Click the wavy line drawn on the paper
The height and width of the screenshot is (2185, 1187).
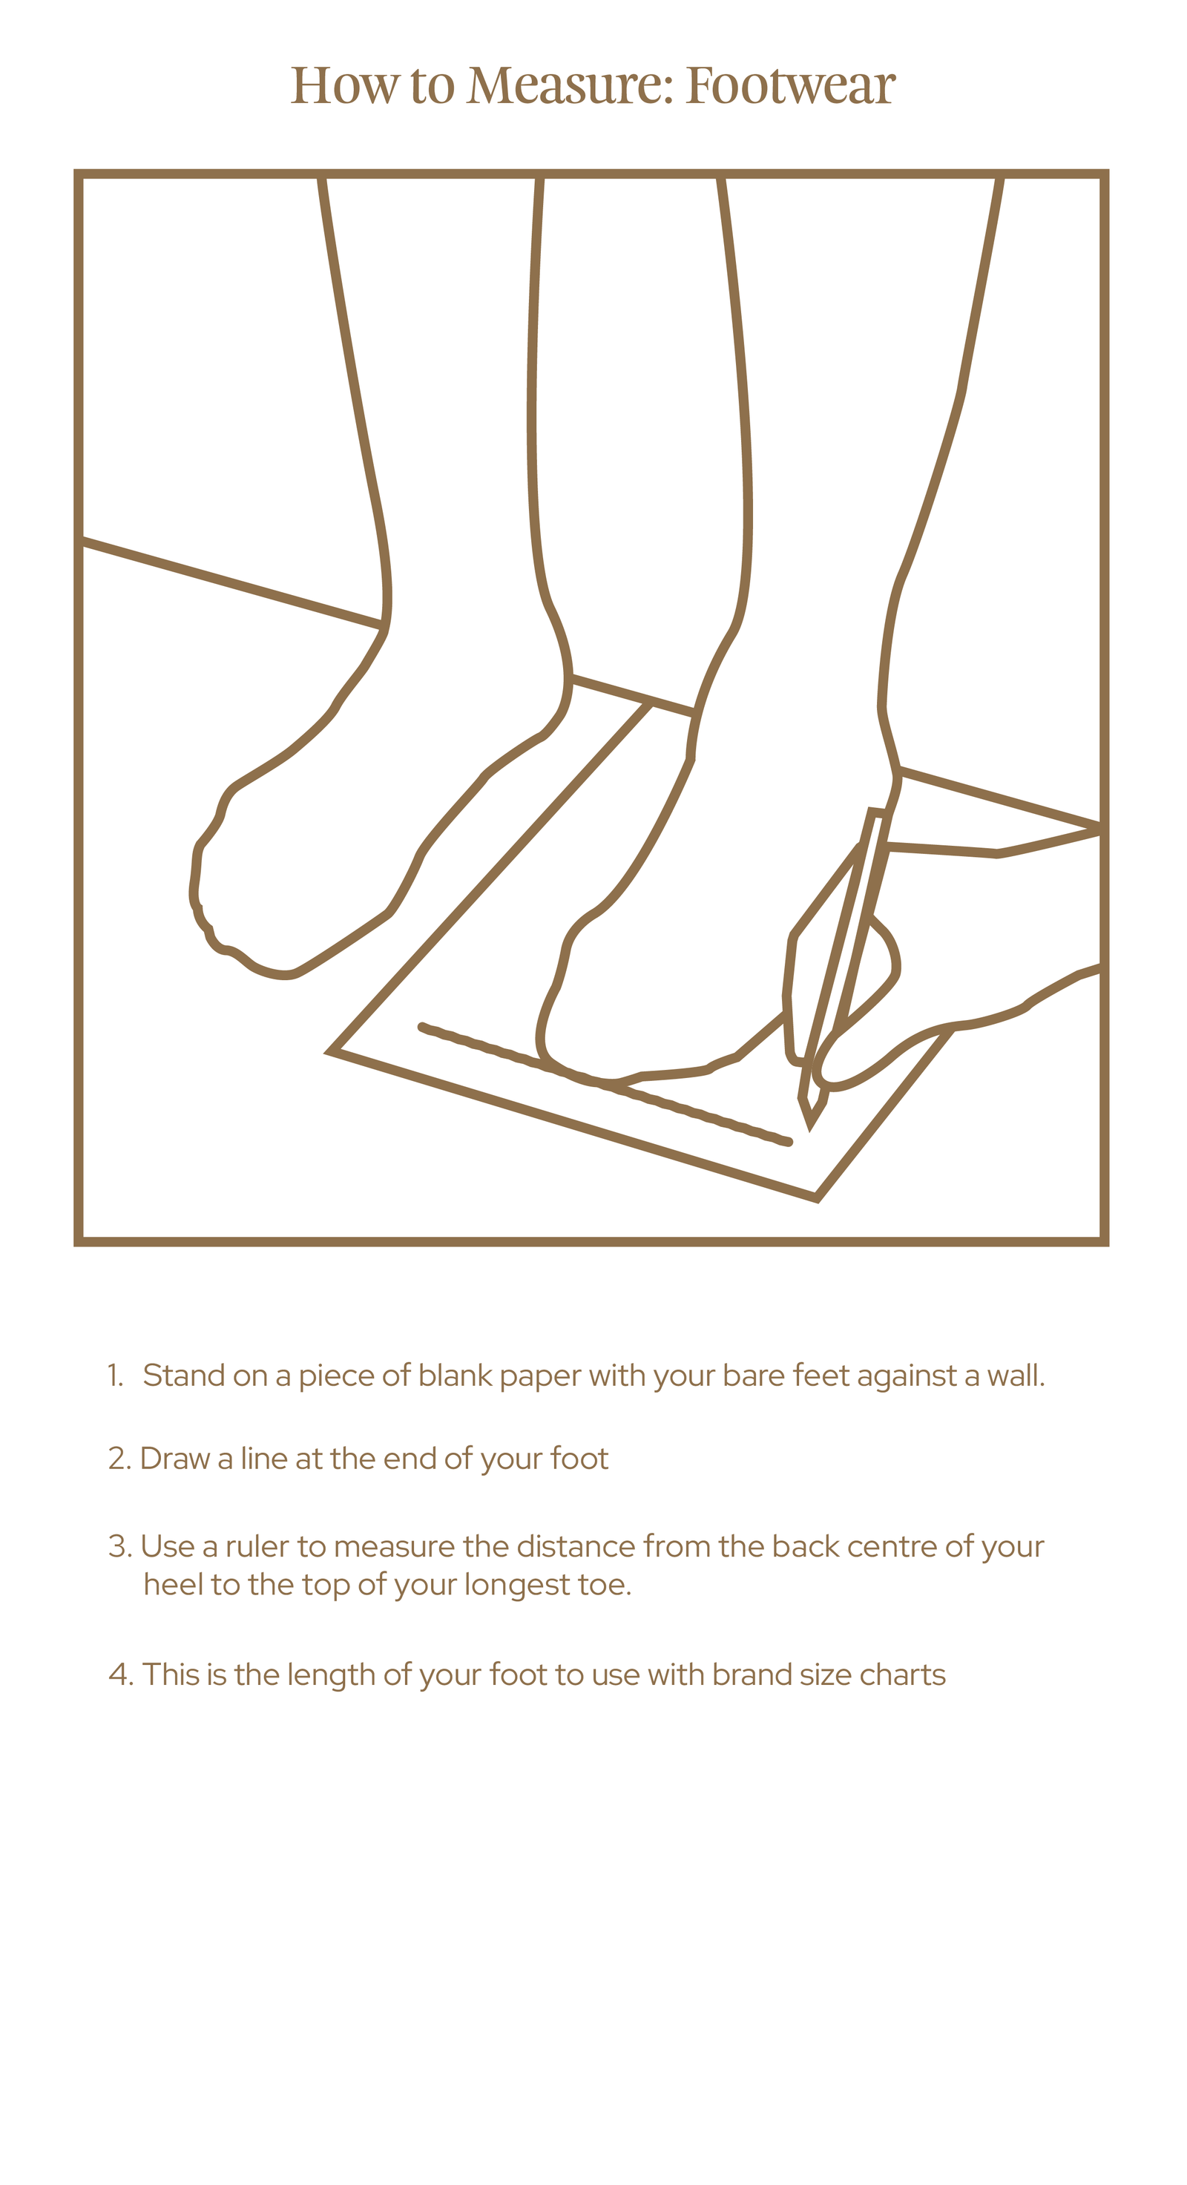pyautogui.click(x=605, y=1085)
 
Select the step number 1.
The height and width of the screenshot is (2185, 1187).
pyautogui.click(x=114, y=1376)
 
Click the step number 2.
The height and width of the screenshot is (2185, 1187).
pyautogui.click(x=119, y=1459)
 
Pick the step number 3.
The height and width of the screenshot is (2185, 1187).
pyautogui.click(x=119, y=1546)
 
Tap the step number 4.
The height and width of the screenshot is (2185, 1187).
pyautogui.click(x=121, y=1675)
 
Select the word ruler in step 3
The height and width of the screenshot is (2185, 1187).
pyautogui.click(x=259, y=1546)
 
